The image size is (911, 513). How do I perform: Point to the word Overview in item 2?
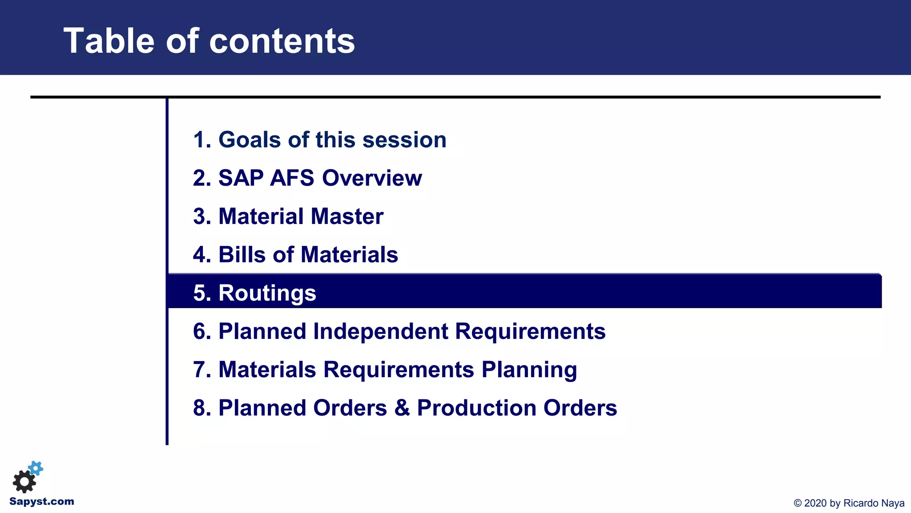[371, 178]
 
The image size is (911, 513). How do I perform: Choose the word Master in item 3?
[347, 216]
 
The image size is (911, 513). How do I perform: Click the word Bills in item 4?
[242, 255]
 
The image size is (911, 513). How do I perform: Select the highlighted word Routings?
[267, 293]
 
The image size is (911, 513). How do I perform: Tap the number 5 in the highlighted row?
[199, 293]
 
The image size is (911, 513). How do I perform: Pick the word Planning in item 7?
[529, 370]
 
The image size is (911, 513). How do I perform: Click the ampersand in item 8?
[402, 408]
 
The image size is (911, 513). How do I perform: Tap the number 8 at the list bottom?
[199, 408]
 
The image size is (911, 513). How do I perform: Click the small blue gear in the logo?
[36, 468]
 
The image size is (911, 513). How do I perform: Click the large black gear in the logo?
[24, 481]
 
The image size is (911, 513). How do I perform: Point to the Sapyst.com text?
[42, 501]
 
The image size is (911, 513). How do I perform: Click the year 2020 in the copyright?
[816, 503]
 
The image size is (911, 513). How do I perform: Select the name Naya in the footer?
[893, 503]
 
